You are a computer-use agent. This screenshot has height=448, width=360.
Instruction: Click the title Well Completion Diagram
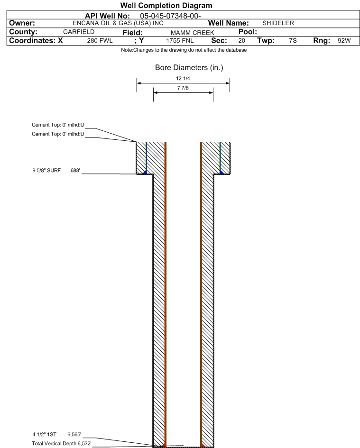tap(166, 5)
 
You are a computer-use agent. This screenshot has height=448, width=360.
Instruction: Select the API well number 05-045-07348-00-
tap(170, 16)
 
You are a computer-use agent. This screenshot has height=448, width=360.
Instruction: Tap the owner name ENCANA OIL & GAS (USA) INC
tap(118, 23)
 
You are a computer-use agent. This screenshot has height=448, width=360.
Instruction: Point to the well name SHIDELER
tap(278, 23)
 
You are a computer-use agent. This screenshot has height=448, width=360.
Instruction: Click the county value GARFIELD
tap(79, 32)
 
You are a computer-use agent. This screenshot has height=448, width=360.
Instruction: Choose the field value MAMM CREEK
tap(193, 33)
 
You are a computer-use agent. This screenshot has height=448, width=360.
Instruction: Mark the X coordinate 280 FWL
tap(100, 41)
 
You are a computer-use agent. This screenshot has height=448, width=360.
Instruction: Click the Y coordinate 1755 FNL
tap(180, 41)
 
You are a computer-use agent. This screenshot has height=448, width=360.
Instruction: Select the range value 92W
tap(344, 41)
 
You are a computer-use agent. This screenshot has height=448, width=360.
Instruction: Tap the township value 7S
tap(293, 41)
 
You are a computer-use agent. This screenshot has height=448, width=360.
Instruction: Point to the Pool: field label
tap(248, 32)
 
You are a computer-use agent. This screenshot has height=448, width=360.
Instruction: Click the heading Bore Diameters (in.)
tap(189, 68)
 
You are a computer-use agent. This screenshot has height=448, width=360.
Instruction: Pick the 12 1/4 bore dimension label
tap(183, 78)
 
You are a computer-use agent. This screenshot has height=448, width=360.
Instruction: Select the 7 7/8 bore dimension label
tap(183, 88)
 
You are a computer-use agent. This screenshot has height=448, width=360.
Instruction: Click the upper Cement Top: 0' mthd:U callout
tap(58, 125)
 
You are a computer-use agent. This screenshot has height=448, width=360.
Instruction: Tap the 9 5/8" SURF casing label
tap(46, 171)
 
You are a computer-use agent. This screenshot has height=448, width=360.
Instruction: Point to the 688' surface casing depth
tap(75, 171)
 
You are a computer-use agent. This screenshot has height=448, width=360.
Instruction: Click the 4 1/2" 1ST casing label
tap(44, 435)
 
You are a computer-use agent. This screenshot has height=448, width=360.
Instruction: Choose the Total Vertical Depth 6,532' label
tap(62, 443)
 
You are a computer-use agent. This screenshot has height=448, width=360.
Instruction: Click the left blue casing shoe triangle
tap(145, 172)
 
